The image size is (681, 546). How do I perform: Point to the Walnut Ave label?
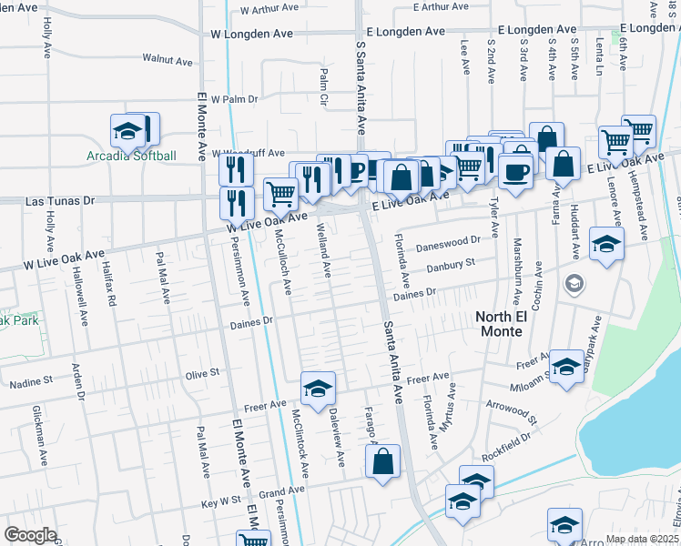168,60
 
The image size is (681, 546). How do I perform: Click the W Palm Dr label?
234,98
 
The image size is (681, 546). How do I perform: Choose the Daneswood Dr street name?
447,244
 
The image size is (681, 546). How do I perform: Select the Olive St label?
202,372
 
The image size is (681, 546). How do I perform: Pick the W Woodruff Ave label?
248,154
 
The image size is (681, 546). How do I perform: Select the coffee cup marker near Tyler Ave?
515,172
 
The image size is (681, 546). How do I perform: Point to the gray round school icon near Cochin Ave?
573,285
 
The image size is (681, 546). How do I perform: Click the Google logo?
30,535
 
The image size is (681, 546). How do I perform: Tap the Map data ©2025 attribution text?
641,539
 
